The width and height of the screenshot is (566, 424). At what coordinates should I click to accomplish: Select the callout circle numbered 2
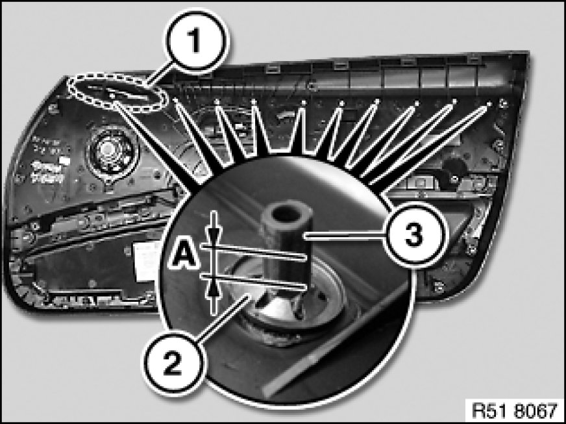click(173, 362)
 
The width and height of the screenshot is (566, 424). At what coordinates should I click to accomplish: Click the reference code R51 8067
click(515, 410)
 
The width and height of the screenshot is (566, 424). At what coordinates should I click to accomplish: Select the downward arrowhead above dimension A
click(214, 235)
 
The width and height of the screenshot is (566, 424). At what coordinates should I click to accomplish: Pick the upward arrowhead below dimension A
click(214, 288)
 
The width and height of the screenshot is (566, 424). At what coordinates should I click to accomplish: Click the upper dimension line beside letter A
click(253, 251)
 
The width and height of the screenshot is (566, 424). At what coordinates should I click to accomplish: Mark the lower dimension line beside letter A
click(253, 281)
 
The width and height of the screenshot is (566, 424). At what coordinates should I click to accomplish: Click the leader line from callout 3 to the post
click(345, 236)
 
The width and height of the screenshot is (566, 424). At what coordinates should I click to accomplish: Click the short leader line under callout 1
click(160, 76)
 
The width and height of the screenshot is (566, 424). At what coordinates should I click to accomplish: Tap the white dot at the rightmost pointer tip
click(489, 105)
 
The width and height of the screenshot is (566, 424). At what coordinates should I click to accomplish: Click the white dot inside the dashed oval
click(112, 95)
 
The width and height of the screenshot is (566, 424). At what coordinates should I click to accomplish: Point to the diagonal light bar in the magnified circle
click(336, 340)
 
